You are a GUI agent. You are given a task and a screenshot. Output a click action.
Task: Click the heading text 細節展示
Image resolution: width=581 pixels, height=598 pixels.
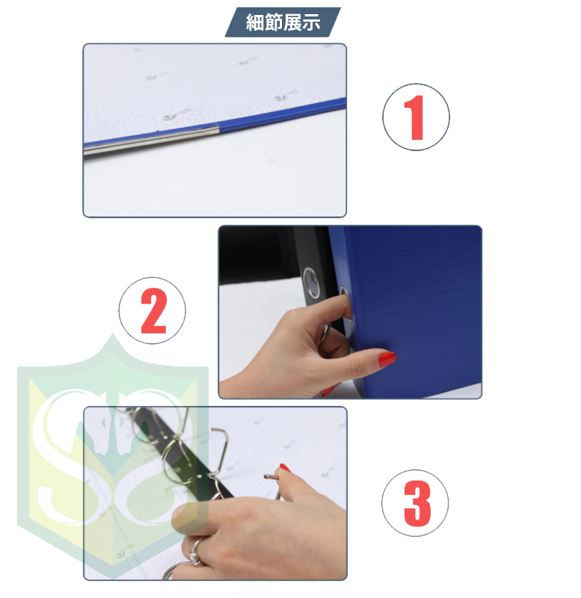coord(283,22)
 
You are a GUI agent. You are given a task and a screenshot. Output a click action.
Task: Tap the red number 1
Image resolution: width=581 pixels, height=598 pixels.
coord(415,117)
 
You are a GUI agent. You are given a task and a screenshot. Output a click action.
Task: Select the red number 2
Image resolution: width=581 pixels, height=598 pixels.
coord(153,310)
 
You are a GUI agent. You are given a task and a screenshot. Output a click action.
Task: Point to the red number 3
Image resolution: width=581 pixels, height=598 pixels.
coord(417,503)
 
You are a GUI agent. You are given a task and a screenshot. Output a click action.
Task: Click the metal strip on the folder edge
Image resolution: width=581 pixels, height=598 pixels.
coord(152,141)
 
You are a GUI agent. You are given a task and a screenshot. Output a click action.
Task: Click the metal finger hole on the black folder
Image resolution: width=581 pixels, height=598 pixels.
coord(311,283)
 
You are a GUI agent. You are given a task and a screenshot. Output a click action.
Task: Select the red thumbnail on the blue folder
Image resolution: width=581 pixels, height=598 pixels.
coord(387,359)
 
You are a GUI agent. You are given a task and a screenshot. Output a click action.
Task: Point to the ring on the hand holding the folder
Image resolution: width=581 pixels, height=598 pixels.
coord(325,333)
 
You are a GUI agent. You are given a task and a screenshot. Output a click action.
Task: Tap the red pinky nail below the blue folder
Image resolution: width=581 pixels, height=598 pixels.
coord(328,391)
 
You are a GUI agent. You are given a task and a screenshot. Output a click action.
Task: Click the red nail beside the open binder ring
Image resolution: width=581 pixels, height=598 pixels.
coord(285,467)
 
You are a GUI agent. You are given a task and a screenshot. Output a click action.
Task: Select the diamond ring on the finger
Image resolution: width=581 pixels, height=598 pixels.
coord(194,552)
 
